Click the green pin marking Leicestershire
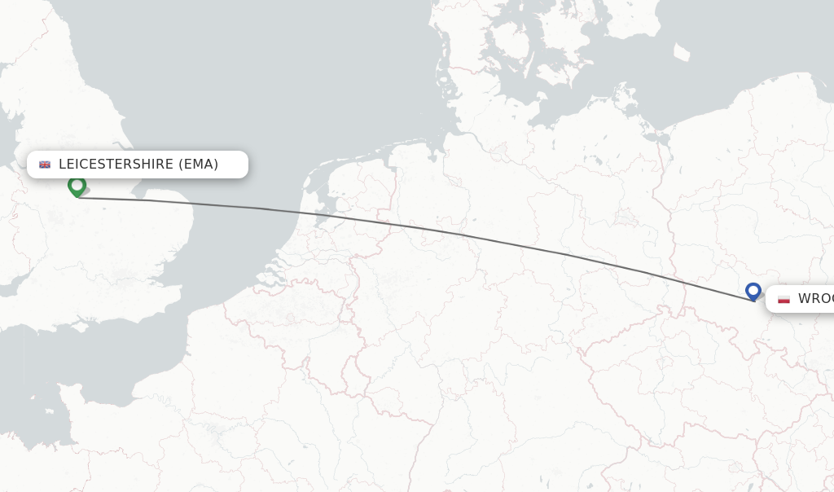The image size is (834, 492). point(77,187)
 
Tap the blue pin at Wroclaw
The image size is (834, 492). point(753,291)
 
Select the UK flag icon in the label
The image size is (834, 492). point(45,165)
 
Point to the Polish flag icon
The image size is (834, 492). point(784,299)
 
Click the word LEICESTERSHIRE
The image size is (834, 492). point(116,165)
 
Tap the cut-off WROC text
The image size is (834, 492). point(815,299)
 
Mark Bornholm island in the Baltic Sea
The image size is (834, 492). point(681,53)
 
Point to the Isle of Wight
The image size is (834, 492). point(81,327)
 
